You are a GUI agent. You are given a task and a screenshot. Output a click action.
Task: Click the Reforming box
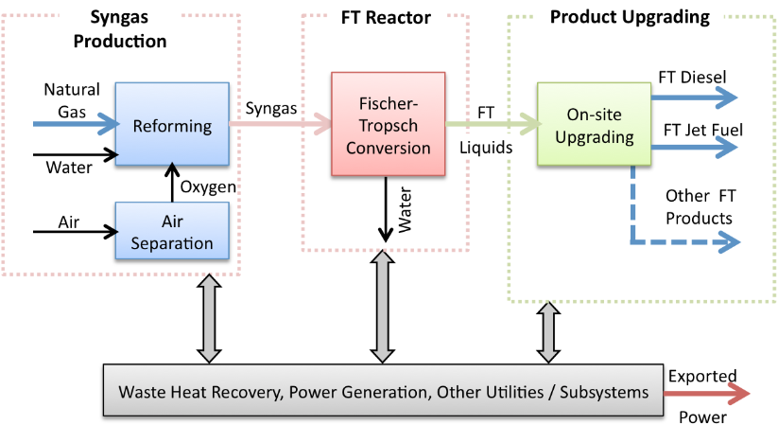coord(172,124)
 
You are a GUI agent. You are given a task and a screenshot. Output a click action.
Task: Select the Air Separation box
coord(172,231)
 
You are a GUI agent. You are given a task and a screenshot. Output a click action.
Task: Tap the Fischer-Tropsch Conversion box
coord(388,124)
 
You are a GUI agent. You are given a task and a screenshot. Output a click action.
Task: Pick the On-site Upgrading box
coord(594,124)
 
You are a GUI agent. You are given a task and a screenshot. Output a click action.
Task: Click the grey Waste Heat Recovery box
coord(383,390)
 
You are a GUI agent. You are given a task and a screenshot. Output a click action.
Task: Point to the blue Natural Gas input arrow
coord(76,124)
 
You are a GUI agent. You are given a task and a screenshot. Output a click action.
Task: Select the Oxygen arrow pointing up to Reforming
coord(172,183)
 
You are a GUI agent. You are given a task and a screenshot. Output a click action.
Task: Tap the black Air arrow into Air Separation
coord(76,232)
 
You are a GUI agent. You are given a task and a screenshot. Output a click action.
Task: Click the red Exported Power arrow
coord(706,394)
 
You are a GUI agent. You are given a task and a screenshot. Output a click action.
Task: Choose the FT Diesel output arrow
coord(694,97)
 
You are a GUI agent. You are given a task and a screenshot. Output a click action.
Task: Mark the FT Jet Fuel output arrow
coord(694,147)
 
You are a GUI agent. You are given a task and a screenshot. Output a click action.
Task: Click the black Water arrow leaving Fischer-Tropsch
coord(386,209)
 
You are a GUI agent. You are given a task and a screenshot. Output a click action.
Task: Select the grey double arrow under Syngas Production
coord(209,319)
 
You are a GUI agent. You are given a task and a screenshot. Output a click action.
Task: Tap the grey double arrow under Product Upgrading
coord(548,332)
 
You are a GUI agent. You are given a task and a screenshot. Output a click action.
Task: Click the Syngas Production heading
coord(119,29)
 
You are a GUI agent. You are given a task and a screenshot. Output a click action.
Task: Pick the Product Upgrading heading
coord(630,17)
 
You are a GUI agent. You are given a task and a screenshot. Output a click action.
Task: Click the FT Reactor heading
coord(386,18)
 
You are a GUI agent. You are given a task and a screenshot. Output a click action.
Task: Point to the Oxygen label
coord(208,187)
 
